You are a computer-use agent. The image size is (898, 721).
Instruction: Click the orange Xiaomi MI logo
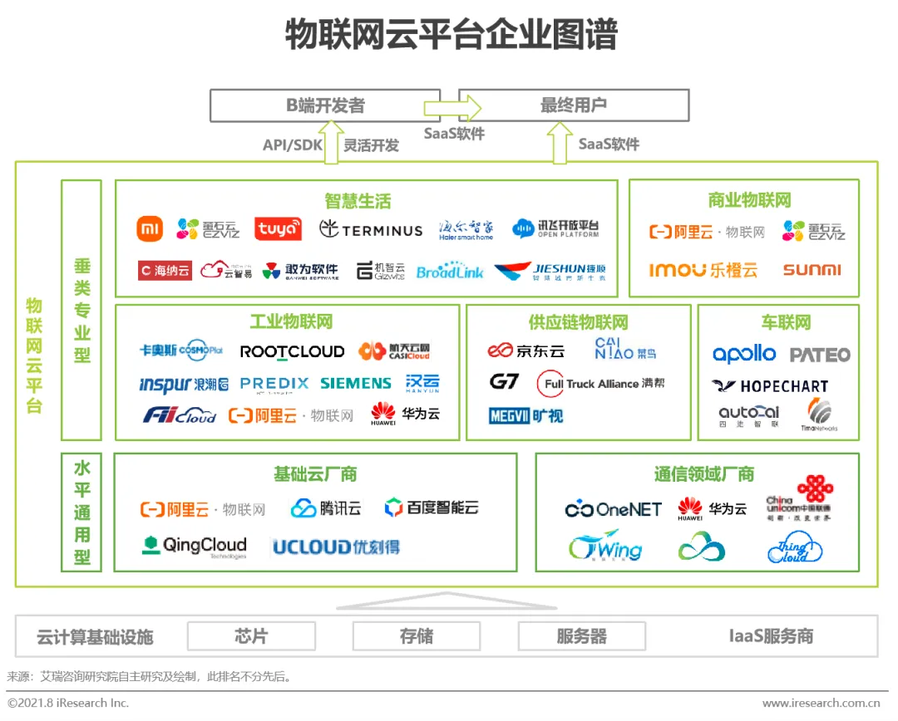tap(150, 228)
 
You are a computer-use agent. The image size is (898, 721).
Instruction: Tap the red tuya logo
tap(278, 229)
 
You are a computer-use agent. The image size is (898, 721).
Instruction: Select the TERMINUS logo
tap(371, 229)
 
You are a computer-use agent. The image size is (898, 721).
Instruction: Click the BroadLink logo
tap(450, 272)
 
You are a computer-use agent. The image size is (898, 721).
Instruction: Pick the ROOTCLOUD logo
tap(292, 351)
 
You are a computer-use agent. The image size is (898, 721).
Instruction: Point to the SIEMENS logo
tap(356, 383)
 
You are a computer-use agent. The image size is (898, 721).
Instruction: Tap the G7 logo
tap(504, 382)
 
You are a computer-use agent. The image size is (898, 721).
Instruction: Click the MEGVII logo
tap(525, 415)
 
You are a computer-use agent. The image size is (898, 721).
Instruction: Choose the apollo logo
tap(744, 355)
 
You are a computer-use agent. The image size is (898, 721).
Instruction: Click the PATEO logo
tap(820, 356)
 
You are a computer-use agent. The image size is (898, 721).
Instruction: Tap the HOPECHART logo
tap(770, 386)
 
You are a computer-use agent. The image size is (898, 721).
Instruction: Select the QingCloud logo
tap(195, 546)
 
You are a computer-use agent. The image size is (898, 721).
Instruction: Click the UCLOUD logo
tap(336, 547)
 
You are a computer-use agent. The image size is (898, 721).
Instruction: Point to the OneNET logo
tap(614, 509)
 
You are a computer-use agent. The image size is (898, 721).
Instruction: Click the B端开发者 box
tap(325, 105)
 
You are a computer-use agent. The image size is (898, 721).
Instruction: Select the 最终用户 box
tap(574, 105)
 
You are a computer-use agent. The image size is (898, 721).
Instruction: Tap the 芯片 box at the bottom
tap(251, 637)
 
